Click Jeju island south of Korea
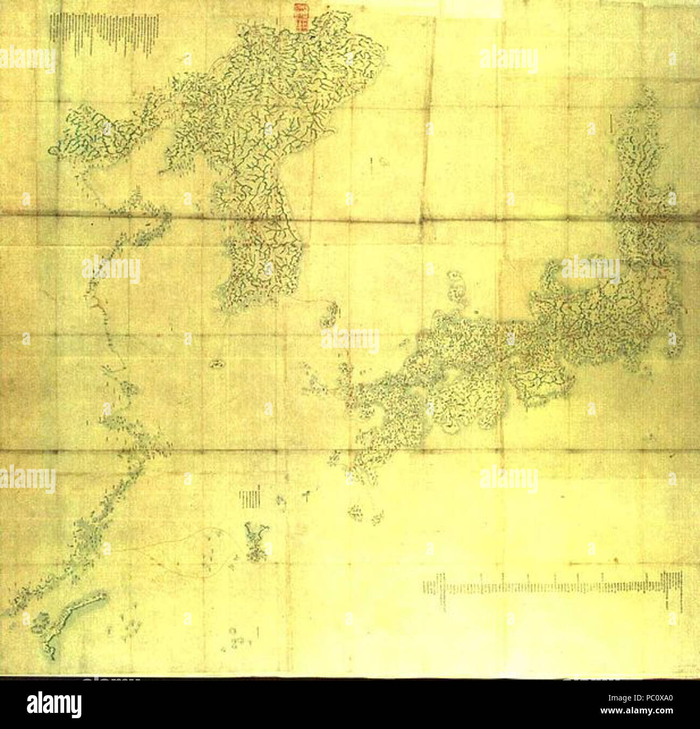[218, 364]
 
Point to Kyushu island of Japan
[382, 420]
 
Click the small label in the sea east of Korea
[379, 162]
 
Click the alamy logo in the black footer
[54, 704]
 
